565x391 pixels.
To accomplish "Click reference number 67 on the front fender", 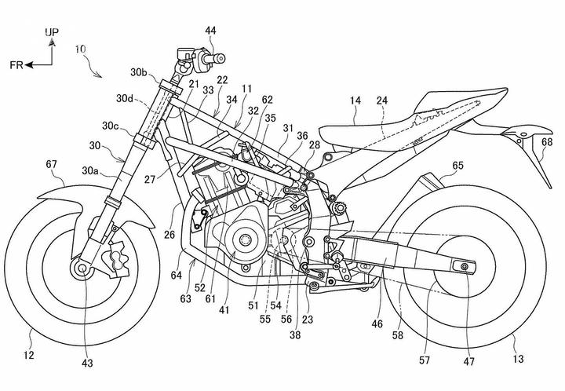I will tap(52, 163).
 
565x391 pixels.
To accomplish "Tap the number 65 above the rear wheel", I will tap(459, 166).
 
